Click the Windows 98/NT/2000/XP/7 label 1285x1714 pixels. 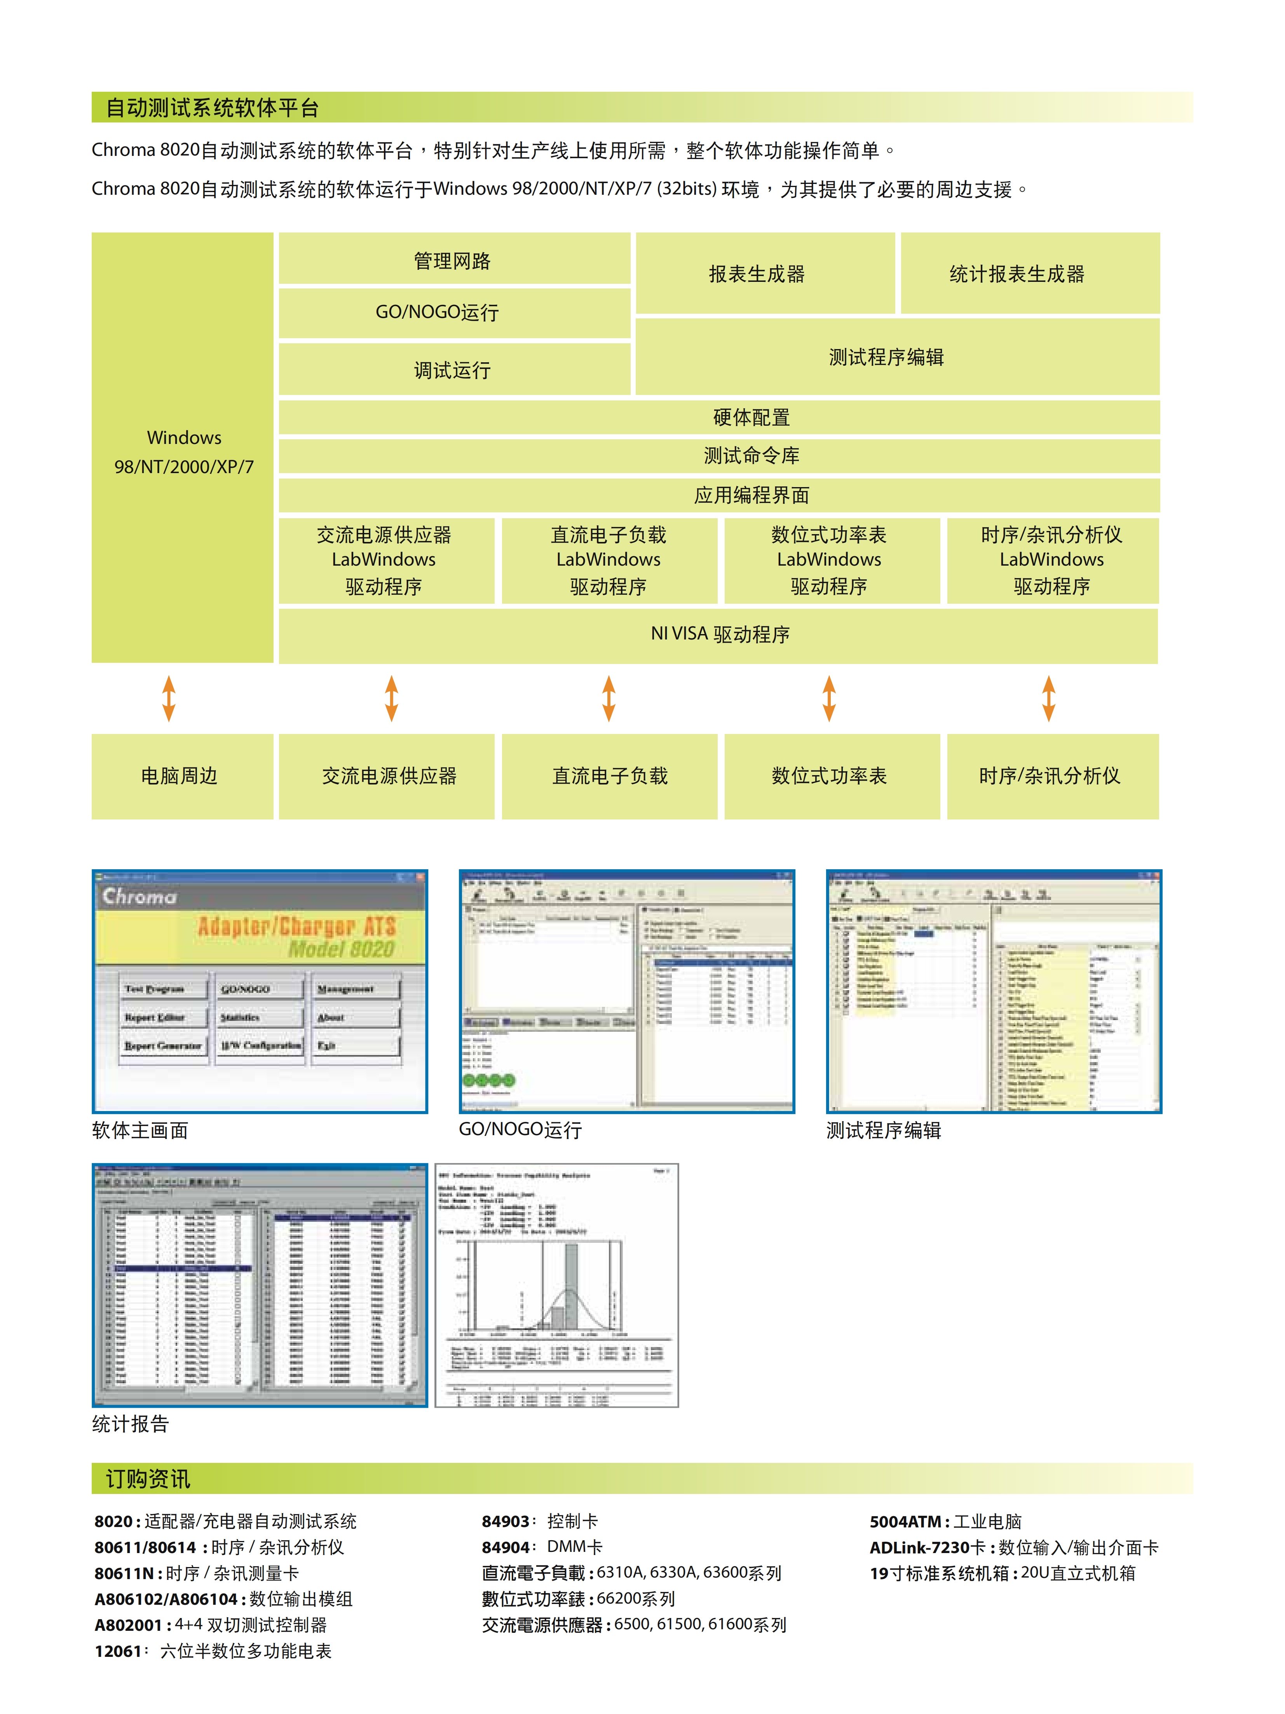point(183,452)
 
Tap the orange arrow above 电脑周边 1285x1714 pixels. point(169,698)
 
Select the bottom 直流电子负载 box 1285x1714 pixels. point(610,776)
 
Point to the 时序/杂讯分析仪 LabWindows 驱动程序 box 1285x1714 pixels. point(1052,560)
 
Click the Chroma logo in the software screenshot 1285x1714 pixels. point(139,896)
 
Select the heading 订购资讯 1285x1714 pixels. point(148,1478)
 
